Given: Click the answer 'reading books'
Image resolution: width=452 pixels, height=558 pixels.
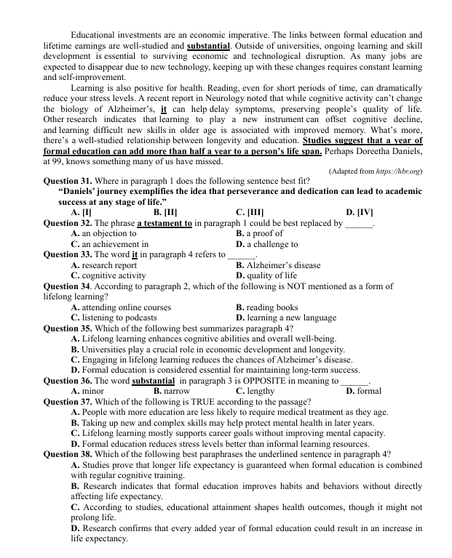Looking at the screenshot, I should coord(266,307).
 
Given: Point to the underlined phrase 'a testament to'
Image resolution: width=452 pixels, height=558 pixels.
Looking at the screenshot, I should coord(164,223).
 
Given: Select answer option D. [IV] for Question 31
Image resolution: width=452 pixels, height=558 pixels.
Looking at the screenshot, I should coord(360,212).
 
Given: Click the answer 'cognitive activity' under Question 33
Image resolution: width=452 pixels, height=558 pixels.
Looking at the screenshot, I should coord(114,276).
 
